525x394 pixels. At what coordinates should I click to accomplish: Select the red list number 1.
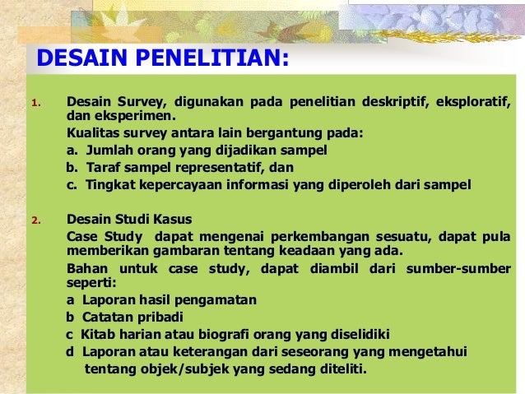tap(35, 103)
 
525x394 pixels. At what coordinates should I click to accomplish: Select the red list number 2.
tap(35, 220)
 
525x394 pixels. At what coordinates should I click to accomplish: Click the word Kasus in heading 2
tap(171, 220)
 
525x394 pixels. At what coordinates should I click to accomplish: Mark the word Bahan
tap(86, 269)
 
